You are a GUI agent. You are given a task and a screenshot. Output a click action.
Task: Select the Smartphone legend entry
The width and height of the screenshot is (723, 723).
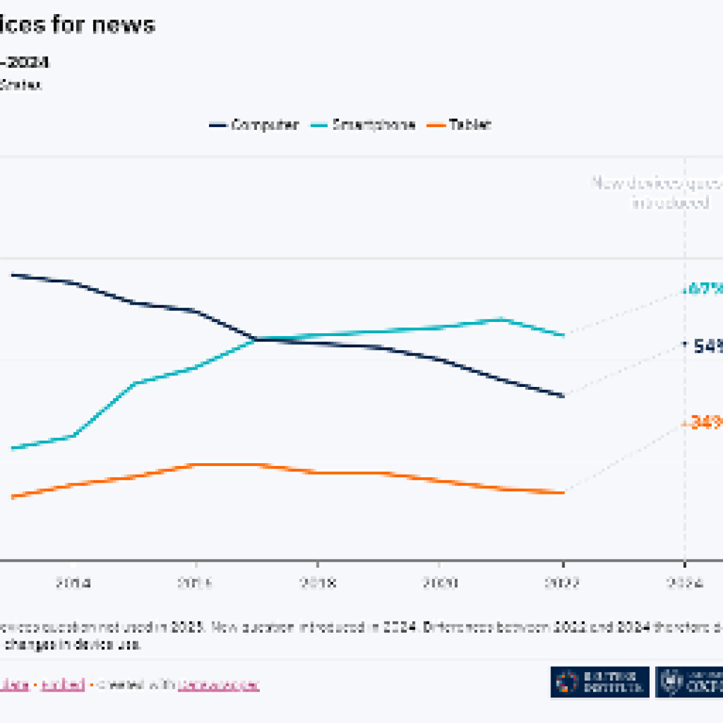pyautogui.click(x=364, y=125)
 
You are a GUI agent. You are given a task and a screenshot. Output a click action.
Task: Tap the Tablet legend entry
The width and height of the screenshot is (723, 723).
pyautogui.click(x=461, y=125)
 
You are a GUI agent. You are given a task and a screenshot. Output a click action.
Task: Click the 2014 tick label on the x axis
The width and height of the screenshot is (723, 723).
pyautogui.click(x=74, y=583)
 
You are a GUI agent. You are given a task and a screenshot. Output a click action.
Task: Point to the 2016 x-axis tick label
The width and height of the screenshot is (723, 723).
pyautogui.click(x=196, y=583)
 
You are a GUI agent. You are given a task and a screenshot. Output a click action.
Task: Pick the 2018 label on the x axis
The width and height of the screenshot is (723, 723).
pyautogui.click(x=318, y=583)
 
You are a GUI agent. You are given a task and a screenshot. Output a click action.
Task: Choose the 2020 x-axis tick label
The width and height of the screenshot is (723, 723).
pyautogui.click(x=440, y=583)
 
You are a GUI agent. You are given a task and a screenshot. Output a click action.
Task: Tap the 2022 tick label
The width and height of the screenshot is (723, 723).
pyautogui.click(x=562, y=583)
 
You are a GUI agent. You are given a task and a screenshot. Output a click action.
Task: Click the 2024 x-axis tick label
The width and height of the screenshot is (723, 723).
pyautogui.click(x=685, y=583)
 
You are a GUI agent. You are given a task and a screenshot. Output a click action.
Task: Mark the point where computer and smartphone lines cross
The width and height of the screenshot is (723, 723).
pyautogui.click(x=256, y=339)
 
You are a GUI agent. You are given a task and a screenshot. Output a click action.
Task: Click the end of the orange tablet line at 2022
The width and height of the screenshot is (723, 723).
pyautogui.click(x=564, y=492)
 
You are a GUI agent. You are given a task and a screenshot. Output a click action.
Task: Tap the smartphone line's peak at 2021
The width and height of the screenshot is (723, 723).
pyautogui.click(x=501, y=320)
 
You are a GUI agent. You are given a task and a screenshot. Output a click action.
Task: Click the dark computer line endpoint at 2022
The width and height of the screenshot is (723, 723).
pyautogui.click(x=564, y=396)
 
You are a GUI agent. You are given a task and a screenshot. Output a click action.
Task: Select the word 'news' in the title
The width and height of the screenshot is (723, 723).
pyautogui.click(x=123, y=25)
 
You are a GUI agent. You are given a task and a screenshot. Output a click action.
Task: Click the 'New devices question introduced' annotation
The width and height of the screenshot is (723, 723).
pyautogui.click(x=662, y=193)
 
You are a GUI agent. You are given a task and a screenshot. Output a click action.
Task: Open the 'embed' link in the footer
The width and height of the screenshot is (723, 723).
pyautogui.click(x=63, y=685)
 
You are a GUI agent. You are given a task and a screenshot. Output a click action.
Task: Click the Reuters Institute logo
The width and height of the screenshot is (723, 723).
pyautogui.click(x=600, y=682)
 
